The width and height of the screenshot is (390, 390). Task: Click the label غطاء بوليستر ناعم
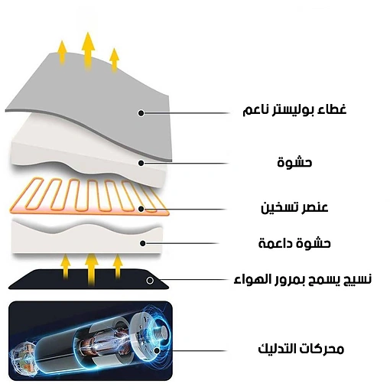click(294, 110)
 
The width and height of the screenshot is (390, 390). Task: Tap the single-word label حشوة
click(294, 162)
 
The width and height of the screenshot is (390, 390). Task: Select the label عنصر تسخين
click(294, 207)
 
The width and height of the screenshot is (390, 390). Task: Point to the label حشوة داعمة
click(294, 243)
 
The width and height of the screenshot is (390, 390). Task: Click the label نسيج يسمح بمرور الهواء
click(303, 279)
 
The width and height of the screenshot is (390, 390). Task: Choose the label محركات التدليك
click(301, 349)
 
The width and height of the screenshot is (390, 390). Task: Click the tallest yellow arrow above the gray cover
click(88, 51)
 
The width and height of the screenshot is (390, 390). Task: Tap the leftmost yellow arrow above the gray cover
click(62, 53)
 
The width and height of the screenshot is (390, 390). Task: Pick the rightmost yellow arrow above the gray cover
click(115, 60)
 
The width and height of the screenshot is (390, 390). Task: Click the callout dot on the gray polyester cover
click(141, 113)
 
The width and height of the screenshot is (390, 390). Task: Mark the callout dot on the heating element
click(141, 209)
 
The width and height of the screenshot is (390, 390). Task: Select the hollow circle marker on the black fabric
click(150, 281)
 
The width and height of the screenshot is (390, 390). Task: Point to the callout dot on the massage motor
click(157, 351)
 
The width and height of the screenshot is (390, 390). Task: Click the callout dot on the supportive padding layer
click(143, 243)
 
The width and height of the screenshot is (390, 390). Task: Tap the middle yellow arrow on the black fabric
click(92, 270)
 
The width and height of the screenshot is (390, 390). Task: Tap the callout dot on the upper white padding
click(141, 163)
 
